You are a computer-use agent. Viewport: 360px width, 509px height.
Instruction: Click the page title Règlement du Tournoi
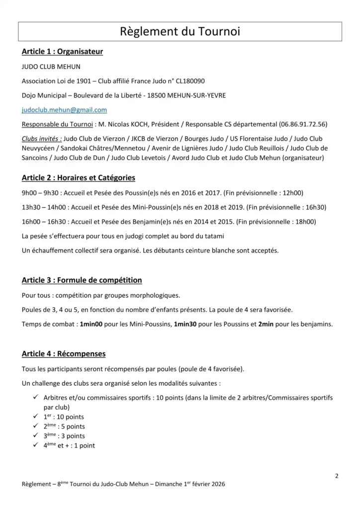pos(180,32)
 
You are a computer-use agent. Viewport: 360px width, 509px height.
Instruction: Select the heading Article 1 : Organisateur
pos(62,52)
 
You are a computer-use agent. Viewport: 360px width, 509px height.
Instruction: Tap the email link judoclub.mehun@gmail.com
pos(64,109)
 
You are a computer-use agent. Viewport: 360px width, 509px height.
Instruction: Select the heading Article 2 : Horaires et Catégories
pos(78,177)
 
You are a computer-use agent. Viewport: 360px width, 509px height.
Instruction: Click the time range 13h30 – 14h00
pos(45,207)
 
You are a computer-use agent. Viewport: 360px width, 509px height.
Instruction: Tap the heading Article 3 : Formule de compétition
pos(82,280)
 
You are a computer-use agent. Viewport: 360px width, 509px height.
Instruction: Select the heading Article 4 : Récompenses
pos(64,354)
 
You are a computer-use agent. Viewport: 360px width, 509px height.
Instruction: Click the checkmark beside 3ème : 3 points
pos(36,436)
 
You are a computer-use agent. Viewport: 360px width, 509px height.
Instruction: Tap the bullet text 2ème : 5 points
pos(64,426)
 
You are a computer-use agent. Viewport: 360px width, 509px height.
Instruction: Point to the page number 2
pos(337,476)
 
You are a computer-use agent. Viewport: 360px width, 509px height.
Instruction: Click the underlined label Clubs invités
pos(42,139)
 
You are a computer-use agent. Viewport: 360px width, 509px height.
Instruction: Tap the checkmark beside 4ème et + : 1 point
pos(36,445)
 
